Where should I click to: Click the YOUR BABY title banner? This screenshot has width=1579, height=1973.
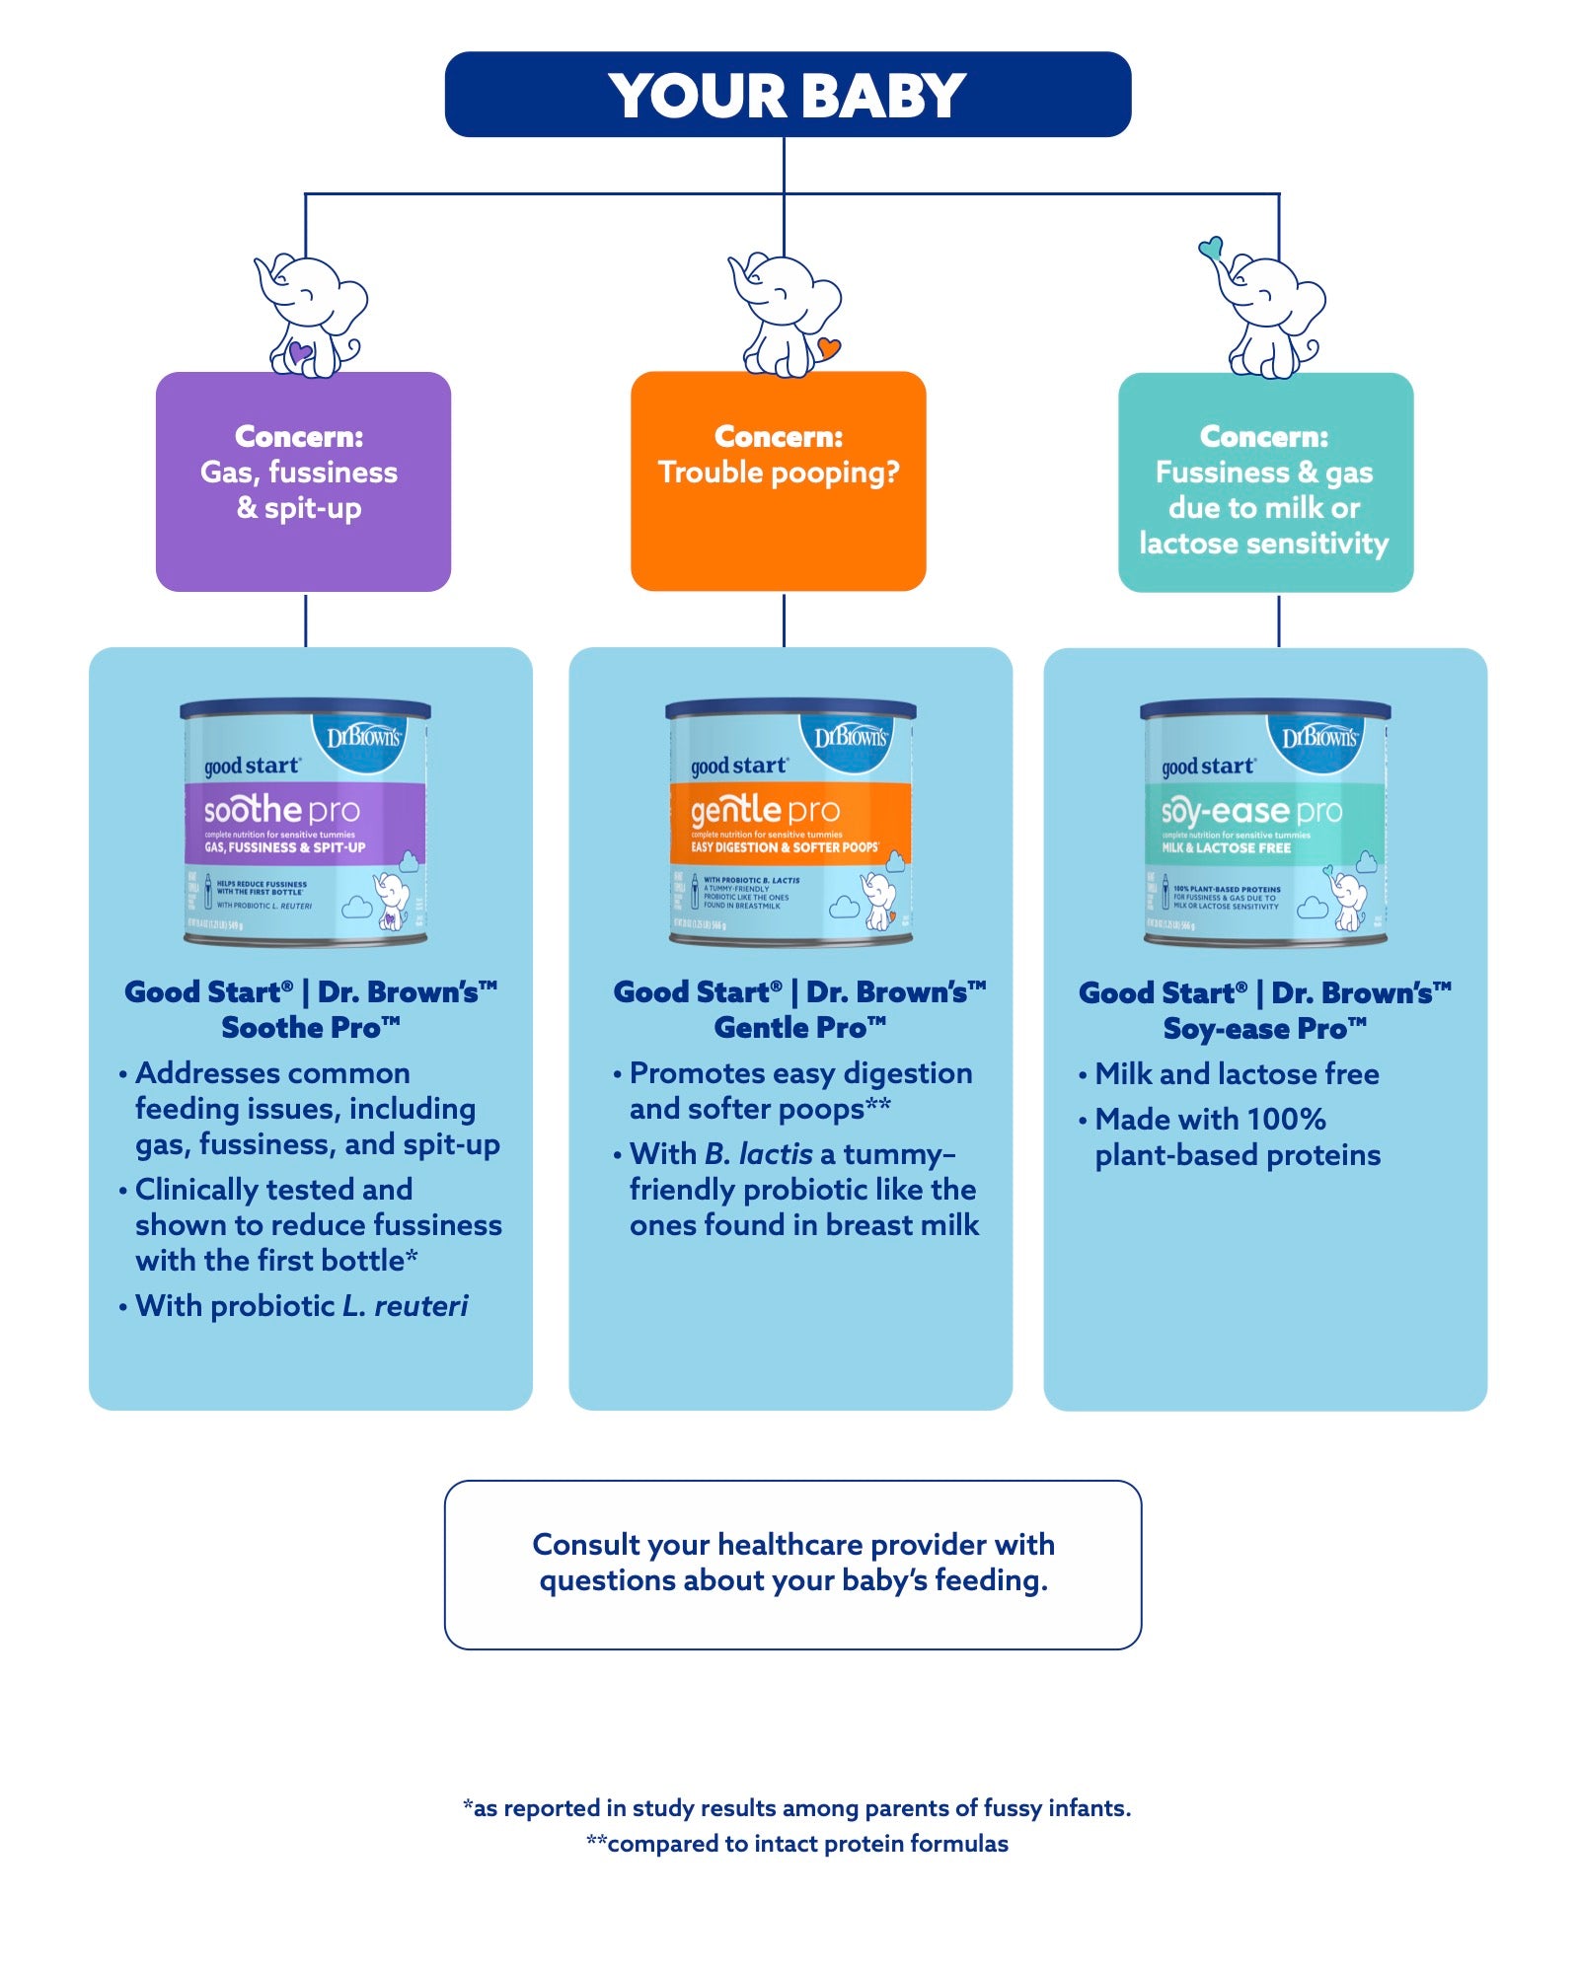click(788, 95)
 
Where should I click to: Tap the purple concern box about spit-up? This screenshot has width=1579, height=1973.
click(303, 481)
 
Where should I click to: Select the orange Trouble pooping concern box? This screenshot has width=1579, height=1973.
click(778, 481)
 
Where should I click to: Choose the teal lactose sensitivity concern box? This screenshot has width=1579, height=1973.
click(1265, 482)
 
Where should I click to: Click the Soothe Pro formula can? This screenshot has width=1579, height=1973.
click(305, 822)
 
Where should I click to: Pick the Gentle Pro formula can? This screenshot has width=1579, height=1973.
click(789, 822)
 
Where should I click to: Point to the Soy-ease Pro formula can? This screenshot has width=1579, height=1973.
click(1264, 822)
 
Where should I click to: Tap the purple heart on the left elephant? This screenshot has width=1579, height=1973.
click(299, 352)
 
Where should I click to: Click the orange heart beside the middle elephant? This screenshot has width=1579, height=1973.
click(828, 347)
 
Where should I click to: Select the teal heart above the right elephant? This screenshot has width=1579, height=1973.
click(1211, 247)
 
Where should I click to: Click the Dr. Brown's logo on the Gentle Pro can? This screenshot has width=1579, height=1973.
click(850, 738)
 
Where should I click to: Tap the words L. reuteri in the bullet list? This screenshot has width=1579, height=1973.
click(406, 1306)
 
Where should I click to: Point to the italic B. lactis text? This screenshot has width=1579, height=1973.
click(759, 1154)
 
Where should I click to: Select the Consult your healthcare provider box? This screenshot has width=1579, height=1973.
click(792, 1564)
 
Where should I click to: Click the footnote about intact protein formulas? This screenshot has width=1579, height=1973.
click(796, 1844)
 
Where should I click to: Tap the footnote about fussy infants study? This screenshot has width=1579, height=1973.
click(796, 1808)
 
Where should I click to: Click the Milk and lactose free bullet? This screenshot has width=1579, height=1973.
click(1237, 1074)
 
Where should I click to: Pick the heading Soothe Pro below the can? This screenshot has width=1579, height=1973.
click(311, 1028)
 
